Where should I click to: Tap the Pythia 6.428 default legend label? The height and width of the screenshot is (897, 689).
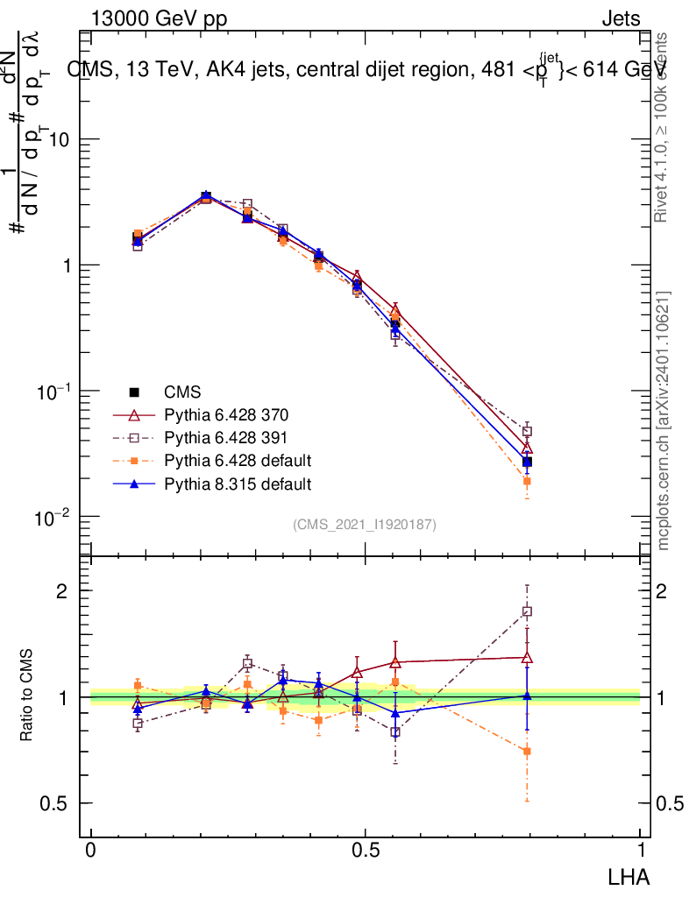click(237, 460)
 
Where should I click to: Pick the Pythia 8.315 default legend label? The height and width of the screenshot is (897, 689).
click(237, 483)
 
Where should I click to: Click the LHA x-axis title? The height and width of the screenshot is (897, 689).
click(629, 875)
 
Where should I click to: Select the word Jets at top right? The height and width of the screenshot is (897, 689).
click(621, 18)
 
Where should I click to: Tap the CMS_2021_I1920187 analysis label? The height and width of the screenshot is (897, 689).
click(365, 524)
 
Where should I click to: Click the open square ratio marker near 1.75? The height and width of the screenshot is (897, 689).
click(527, 611)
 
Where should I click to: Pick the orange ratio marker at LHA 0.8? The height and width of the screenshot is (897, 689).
click(527, 752)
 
